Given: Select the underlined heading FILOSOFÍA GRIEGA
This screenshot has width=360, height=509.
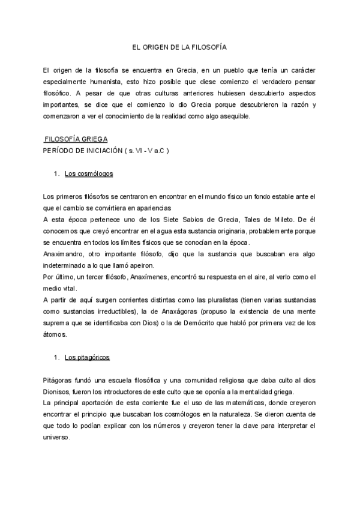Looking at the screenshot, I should pos(76,139).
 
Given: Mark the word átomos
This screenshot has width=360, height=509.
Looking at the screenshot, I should pos(55,335).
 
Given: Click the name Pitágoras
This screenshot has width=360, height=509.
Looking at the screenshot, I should pos(61,381).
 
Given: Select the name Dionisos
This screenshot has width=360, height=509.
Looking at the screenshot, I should pos(59,392).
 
